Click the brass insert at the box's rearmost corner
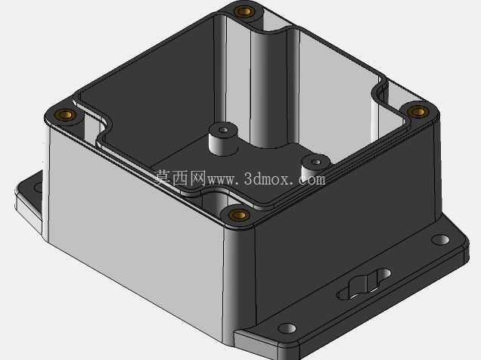(244, 12)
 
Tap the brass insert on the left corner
(65, 115)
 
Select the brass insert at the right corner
(417, 112)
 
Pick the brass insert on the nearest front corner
(239, 215)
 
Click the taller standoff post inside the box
(224, 138)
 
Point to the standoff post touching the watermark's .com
(316, 167)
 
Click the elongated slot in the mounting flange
(364, 284)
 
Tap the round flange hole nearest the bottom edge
(287, 328)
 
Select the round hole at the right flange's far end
(440, 240)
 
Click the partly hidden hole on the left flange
(39, 187)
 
